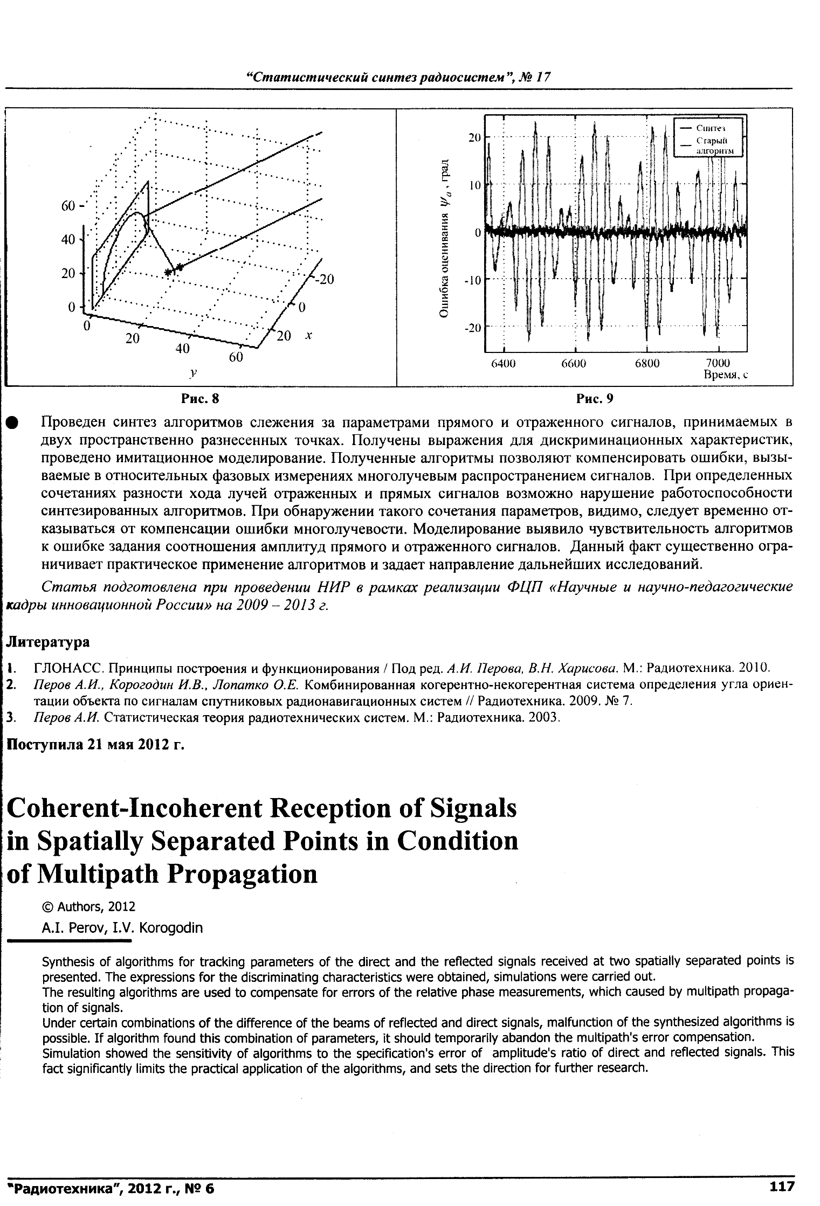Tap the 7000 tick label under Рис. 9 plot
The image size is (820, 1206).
coord(718,364)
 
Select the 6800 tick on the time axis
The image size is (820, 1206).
coord(646,364)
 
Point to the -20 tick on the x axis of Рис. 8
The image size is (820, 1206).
coord(325,280)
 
